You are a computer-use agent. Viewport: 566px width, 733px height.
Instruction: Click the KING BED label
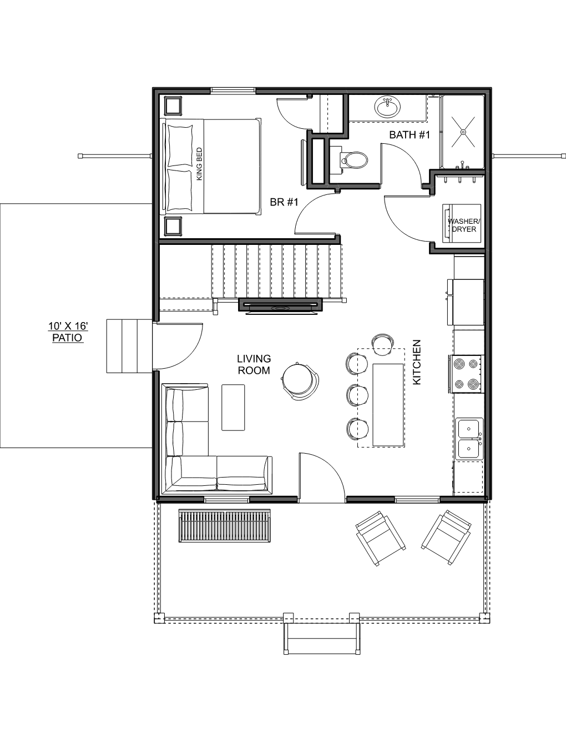[x=199, y=164]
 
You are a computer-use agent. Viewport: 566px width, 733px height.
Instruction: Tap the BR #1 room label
[x=284, y=202]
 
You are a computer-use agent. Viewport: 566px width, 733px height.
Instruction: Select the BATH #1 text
[x=410, y=135]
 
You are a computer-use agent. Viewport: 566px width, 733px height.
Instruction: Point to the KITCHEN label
[x=417, y=362]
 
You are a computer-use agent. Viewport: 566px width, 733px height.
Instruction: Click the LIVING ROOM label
[x=254, y=364]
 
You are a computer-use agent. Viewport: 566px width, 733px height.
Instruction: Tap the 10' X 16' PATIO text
[x=68, y=332]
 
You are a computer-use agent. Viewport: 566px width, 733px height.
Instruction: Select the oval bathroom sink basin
[x=387, y=107]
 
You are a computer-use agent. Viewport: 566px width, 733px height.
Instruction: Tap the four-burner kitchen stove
[x=466, y=374]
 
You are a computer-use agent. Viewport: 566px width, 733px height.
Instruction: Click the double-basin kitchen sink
[x=469, y=439]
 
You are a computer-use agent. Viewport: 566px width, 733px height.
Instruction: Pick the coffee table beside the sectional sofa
[x=233, y=408]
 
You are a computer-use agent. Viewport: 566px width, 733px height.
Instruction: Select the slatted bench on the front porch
[x=225, y=525]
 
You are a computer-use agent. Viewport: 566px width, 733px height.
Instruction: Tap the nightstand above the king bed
[x=173, y=106]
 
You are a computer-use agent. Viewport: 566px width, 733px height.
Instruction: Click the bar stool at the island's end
[x=383, y=344]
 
